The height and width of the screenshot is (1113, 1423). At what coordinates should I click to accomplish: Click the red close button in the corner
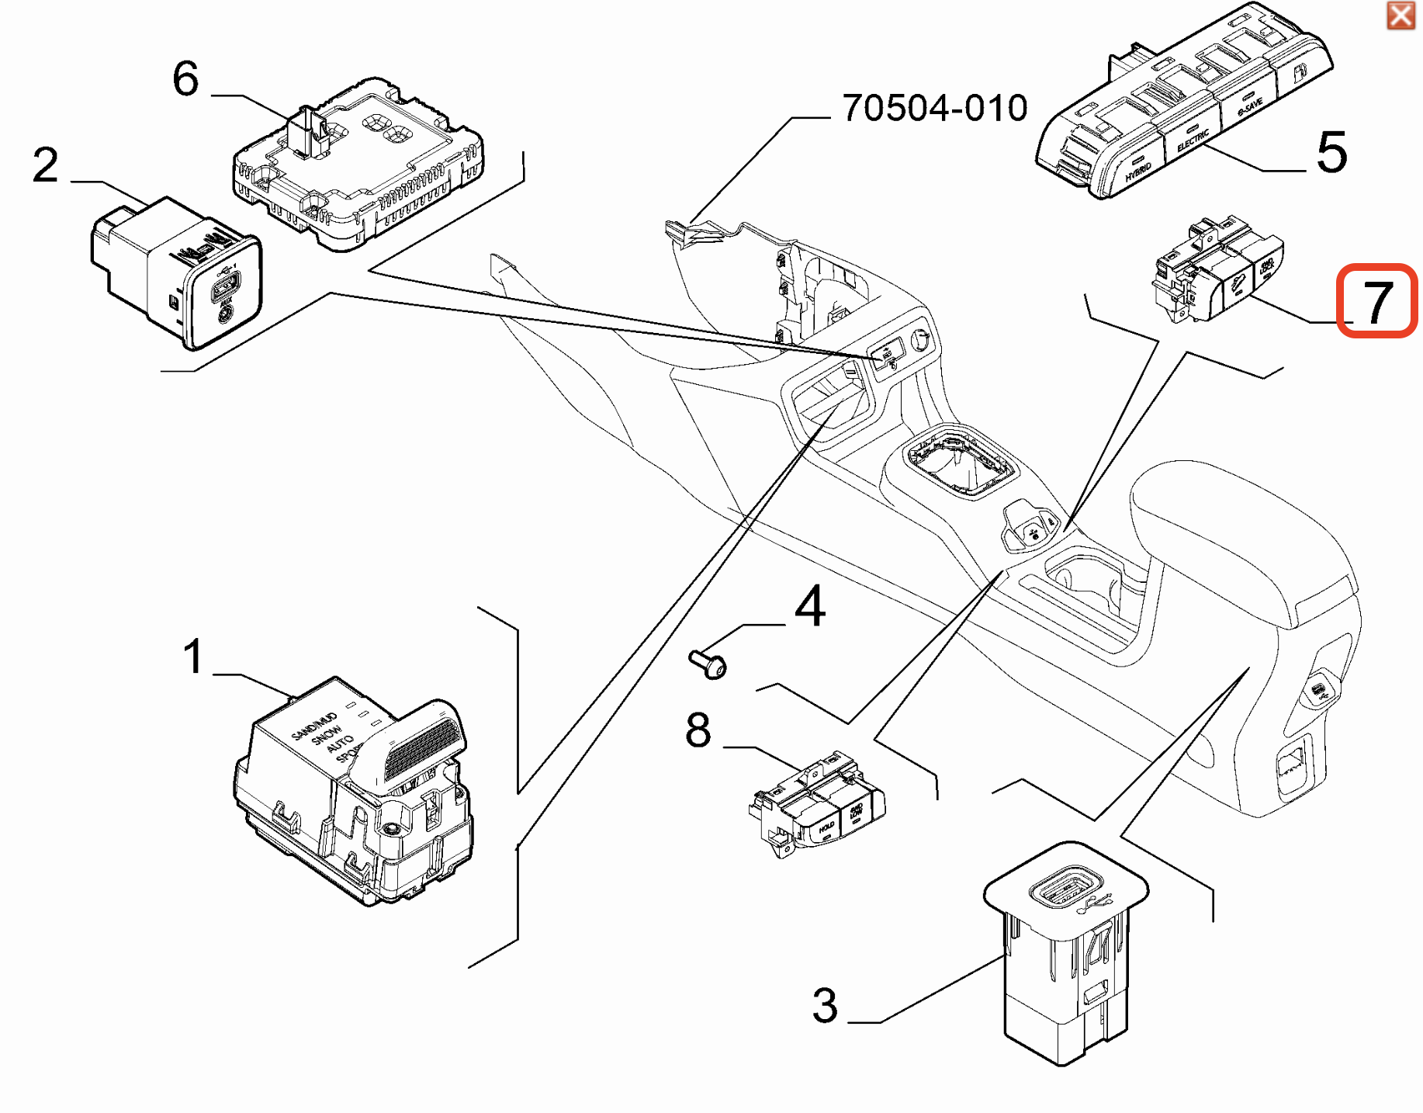click(x=1400, y=15)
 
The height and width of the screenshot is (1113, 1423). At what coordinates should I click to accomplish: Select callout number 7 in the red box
click(x=1376, y=301)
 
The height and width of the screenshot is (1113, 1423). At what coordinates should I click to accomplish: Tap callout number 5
click(x=1331, y=152)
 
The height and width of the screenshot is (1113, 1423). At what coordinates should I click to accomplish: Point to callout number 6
click(x=185, y=78)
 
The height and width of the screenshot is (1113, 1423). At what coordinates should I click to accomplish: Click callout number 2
click(x=46, y=165)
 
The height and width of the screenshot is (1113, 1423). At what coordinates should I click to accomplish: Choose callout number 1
click(x=193, y=657)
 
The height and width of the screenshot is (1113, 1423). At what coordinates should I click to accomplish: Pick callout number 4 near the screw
click(x=810, y=606)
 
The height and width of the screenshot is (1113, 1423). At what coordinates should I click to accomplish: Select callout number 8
click(x=698, y=730)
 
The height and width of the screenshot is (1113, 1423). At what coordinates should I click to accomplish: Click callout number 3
click(x=825, y=1005)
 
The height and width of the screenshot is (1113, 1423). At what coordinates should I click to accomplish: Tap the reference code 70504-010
click(x=935, y=108)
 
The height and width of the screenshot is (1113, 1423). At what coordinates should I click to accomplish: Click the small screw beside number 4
click(x=708, y=664)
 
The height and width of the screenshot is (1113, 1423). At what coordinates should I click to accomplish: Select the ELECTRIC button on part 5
click(x=1193, y=140)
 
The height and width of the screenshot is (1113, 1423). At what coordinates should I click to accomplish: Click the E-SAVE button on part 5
click(x=1249, y=107)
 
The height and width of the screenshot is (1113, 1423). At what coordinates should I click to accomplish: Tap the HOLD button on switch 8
click(x=826, y=828)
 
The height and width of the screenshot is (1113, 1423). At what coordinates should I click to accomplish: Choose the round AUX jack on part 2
click(x=225, y=314)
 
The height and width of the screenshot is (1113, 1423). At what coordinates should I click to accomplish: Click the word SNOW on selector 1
click(x=327, y=733)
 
